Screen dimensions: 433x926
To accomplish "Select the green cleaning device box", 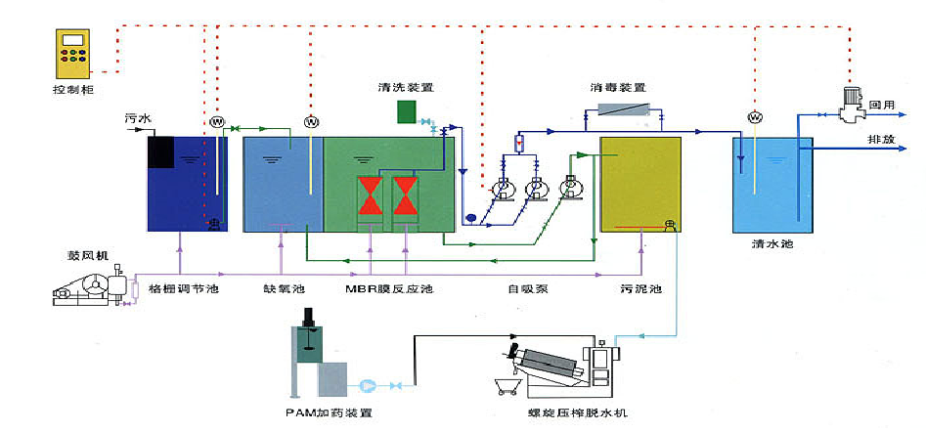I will tap(406, 111).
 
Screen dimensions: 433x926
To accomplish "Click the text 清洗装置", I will tap(406, 87).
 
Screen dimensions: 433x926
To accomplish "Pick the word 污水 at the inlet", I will tap(138, 119).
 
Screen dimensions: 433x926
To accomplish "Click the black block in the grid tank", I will tap(161, 152).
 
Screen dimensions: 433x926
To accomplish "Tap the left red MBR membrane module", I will tap(371, 195).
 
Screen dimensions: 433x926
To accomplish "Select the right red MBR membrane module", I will tap(404, 195).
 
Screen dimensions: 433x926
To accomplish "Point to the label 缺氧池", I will tap(284, 289).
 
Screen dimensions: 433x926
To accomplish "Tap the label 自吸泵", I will tap(526, 289).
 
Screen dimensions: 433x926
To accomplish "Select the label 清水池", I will tap(772, 245).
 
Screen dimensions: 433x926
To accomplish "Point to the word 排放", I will tap(882, 140).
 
